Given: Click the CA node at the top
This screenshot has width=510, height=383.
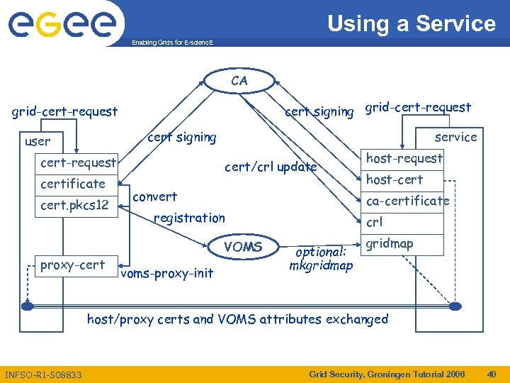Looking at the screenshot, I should tap(239, 81).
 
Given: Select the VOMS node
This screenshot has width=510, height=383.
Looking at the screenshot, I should tap(243, 248).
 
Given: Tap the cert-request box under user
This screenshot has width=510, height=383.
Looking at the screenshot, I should tap(78, 162).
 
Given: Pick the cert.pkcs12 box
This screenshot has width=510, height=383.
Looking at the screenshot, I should tap(74, 206).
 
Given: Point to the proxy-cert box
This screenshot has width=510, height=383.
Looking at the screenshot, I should tap(73, 265).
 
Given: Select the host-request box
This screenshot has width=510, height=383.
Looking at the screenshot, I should tap(404, 158).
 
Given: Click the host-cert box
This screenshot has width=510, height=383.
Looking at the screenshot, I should tap(395, 179).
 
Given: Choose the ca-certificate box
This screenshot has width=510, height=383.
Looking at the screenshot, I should tap(407, 201).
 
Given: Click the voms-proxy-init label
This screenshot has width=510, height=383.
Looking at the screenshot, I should tap(167, 274).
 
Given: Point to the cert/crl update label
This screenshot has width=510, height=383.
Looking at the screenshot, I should tap(271, 167).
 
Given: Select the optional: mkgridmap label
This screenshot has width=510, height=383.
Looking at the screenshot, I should tap(321, 259).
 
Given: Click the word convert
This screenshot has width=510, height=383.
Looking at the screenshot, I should tap(155, 196).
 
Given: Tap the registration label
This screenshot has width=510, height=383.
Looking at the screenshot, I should tap(189, 218).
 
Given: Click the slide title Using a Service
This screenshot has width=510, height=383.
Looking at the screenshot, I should tap(411, 23).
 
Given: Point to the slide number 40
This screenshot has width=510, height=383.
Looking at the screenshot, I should tap(491, 374).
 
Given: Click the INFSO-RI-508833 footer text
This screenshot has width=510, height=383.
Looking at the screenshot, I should tap(43, 374).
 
